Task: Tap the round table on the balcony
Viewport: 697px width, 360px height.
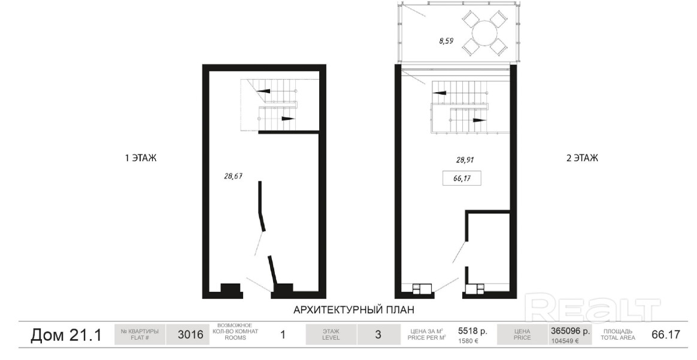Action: pyautogui.click(x=485, y=32)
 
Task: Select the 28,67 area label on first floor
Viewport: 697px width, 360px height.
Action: pyautogui.click(x=234, y=176)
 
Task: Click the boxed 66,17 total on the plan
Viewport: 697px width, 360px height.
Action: pyautogui.click(x=462, y=179)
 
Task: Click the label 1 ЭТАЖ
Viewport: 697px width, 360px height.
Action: pyautogui.click(x=141, y=158)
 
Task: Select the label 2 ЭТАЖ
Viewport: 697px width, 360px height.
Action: pyautogui.click(x=581, y=158)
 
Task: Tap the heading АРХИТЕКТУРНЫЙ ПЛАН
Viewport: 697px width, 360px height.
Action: pyautogui.click(x=354, y=309)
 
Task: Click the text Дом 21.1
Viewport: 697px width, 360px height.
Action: pyautogui.click(x=66, y=335)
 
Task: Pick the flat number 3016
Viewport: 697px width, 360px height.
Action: pyautogui.click(x=190, y=335)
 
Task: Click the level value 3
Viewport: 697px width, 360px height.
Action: pyautogui.click(x=378, y=335)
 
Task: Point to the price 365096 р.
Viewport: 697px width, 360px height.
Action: pyautogui.click(x=570, y=331)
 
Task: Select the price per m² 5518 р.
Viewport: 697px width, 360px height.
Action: pyautogui.click(x=472, y=331)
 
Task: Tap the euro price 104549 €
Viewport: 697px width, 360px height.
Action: pyautogui.click(x=565, y=341)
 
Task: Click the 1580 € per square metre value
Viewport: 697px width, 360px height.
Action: pyautogui.click(x=468, y=341)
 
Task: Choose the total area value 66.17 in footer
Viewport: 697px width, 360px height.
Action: pyautogui.click(x=665, y=335)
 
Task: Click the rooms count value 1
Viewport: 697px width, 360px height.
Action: pyautogui.click(x=282, y=335)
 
